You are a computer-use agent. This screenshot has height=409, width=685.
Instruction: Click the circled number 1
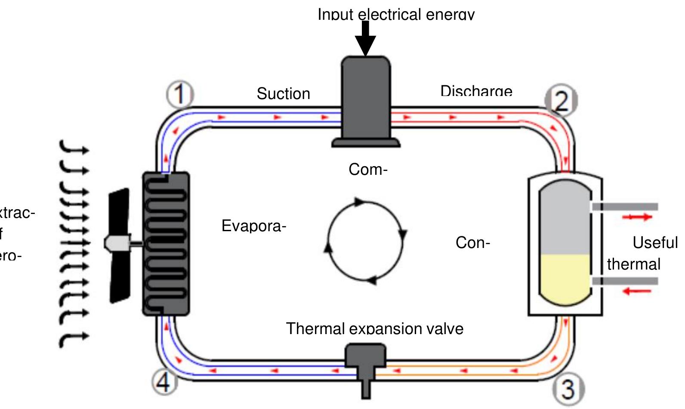[180, 94]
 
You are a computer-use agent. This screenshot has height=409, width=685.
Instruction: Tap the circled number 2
[562, 101]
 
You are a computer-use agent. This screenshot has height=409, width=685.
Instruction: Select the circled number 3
[568, 388]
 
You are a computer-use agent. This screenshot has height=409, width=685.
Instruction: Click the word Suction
[283, 93]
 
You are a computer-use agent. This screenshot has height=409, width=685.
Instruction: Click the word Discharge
[476, 91]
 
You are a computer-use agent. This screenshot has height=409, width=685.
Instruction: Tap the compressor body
[366, 99]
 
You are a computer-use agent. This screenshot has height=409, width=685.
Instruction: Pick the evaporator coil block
[166, 244]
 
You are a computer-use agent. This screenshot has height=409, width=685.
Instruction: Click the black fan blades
[119, 245]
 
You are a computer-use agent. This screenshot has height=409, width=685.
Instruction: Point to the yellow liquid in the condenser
[565, 278]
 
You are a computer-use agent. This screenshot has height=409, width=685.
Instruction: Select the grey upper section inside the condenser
[565, 220]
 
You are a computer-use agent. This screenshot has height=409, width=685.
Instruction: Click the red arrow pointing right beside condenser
[637, 217]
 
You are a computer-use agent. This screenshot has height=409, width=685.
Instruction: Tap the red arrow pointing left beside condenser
[636, 291]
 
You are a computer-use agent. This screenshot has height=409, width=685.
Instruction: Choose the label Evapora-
[254, 226]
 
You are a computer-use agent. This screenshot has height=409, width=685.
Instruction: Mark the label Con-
[473, 243]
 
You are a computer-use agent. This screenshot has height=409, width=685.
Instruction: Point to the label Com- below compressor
[368, 170]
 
